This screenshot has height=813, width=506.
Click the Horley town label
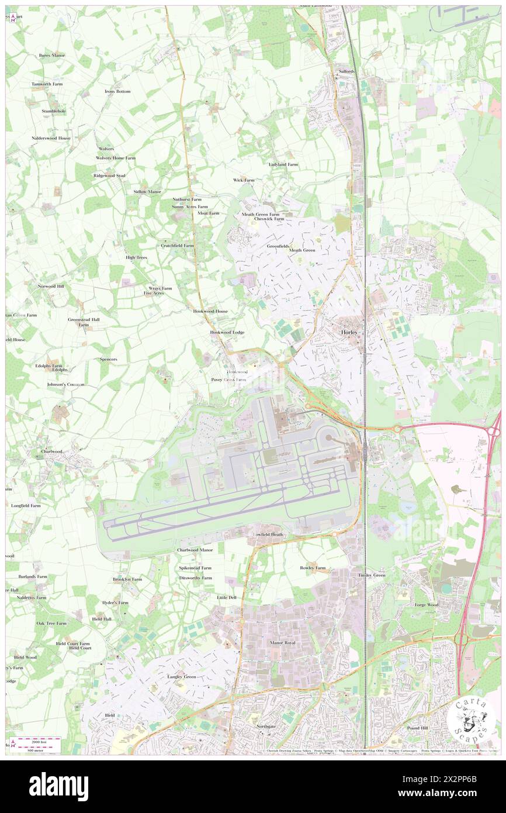click(x=349, y=332)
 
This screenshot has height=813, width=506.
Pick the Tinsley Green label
click(x=372, y=576)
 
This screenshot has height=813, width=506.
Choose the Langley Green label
click(x=182, y=677)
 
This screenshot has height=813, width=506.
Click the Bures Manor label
click(x=52, y=56)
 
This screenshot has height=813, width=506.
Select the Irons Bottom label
click(x=117, y=92)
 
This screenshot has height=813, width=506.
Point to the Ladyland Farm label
click(x=283, y=164)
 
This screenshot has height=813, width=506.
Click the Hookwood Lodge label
click(x=227, y=332)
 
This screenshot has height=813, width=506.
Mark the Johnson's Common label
click(x=66, y=384)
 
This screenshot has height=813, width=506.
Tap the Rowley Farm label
click(x=313, y=568)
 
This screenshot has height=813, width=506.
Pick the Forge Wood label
click(x=426, y=605)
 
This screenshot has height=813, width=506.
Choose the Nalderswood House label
click(x=51, y=138)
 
